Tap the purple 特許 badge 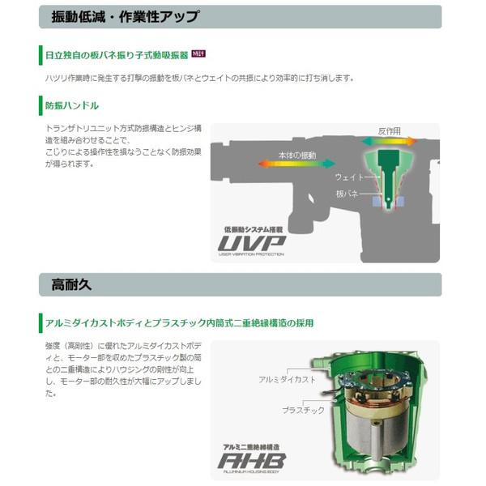pos(198,54)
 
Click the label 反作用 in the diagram pos(389,130)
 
